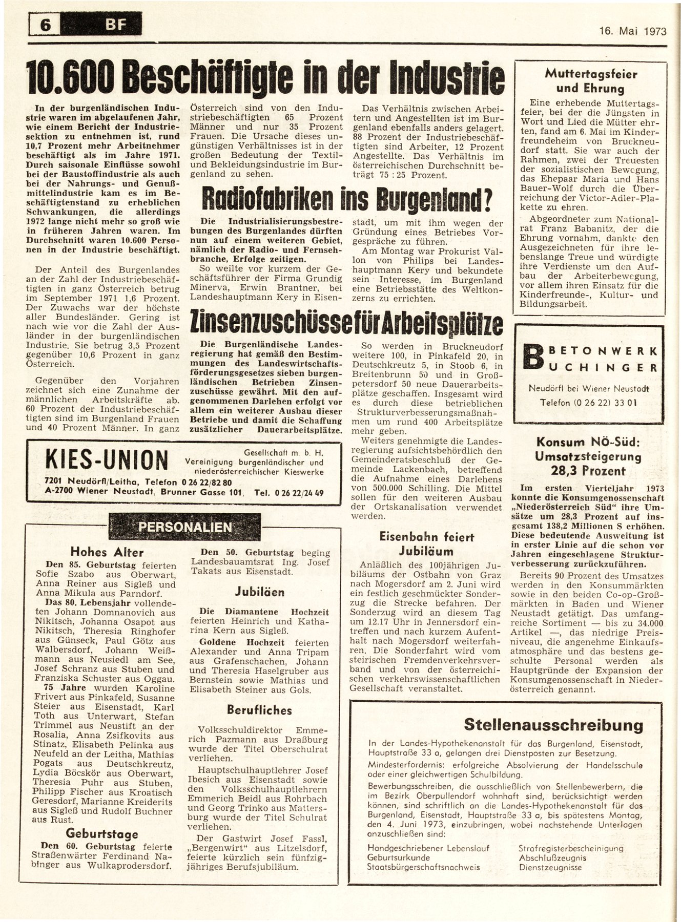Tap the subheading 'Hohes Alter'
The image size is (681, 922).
[107, 552]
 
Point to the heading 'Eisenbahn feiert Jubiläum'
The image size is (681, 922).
[426, 543]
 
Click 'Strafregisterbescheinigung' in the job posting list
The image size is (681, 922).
[570, 848]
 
